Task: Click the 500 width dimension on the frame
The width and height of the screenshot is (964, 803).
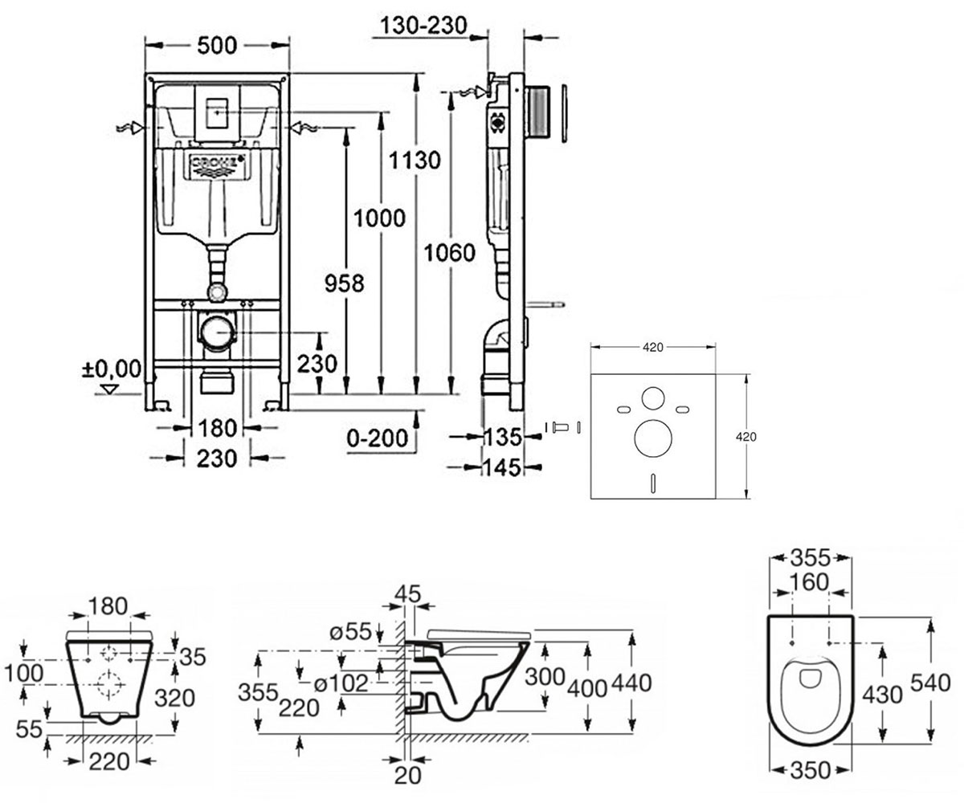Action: pyautogui.click(x=217, y=45)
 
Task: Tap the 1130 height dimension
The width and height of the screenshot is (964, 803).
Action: pyautogui.click(x=415, y=161)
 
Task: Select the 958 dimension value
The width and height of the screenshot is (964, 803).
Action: pyautogui.click(x=344, y=283)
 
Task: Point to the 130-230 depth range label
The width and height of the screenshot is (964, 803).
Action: pyautogui.click(x=424, y=26)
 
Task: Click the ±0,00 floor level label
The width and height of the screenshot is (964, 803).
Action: pyautogui.click(x=112, y=369)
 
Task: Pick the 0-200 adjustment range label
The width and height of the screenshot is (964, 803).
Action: pyautogui.click(x=378, y=438)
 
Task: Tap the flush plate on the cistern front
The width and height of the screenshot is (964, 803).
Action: pyautogui.click(x=217, y=113)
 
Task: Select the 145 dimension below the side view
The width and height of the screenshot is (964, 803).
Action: pyautogui.click(x=502, y=467)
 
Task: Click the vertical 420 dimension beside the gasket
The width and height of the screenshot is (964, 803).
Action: pyautogui.click(x=746, y=437)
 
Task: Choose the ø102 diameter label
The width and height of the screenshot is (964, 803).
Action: pyautogui.click(x=341, y=683)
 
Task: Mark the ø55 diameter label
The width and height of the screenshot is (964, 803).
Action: pyautogui.click(x=350, y=632)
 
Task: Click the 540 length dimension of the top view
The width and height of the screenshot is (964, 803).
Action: pyautogui.click(x=930, y=683)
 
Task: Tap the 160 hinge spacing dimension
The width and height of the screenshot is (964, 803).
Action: pyautogui.click(x=811, y=582)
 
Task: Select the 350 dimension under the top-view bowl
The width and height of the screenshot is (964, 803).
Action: pyautogui.click(x=811, y=770)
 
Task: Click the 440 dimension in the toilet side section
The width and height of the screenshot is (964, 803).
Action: pyautogui.click(x=631, y=683)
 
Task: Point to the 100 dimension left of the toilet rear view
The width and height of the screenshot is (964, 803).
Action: pyautogui.click(x=24, y=674)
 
